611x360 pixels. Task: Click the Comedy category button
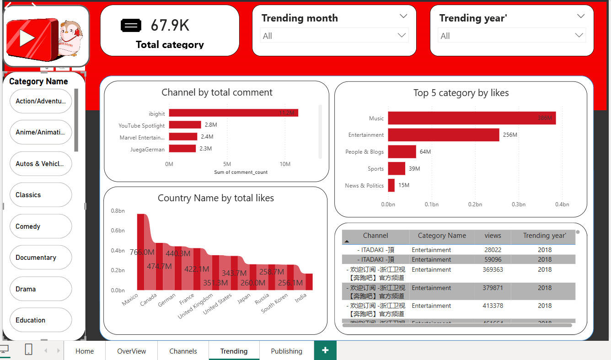click(x=40, y=226)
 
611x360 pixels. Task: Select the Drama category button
click(x=40, y=289)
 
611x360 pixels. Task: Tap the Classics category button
click(x=40, y=195)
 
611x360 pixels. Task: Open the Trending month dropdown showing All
click(x=334, y=36)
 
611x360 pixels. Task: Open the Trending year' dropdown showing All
click(x=512, y=36)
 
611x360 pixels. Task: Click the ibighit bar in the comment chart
click(x=233, y=113)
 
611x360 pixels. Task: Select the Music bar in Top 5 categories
click(x=472, y=118)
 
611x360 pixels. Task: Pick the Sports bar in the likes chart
click(x=397, y=169)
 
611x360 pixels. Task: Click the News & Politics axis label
click(x=364, y=186)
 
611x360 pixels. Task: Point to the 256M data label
click(x=510, y=135)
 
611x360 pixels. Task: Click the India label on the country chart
click(x=301, y=298)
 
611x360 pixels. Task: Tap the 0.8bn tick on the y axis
click(x=118, y=211)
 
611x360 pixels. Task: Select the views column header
click(x=493, y=236)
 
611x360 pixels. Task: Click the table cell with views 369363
click(x=493, y=270)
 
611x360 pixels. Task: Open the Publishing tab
click(x=286, y=351)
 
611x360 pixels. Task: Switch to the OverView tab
click(x=131, y=351)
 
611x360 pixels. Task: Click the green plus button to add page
click(x=325, y=350)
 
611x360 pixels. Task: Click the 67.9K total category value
click(x=170, y=26)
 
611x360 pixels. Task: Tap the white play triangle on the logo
click(x=27, y=38)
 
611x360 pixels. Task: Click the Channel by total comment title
click(x=217, y=92)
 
